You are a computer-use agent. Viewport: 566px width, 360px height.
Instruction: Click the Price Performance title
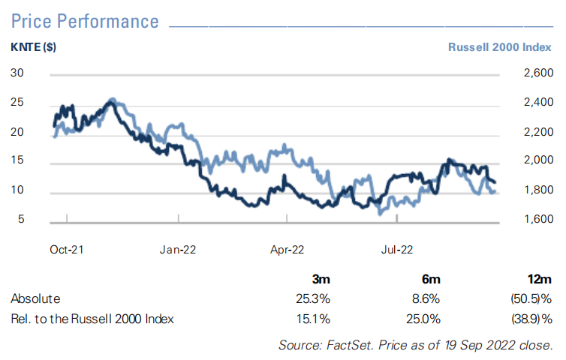coord(85,20)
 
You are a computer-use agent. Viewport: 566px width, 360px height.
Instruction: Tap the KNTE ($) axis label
coord(34,46)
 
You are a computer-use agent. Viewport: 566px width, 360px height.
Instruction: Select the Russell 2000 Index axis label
coord(501,46)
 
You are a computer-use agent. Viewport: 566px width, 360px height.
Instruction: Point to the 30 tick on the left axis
coord(18,73)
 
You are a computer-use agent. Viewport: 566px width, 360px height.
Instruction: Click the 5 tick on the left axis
coord(22,219)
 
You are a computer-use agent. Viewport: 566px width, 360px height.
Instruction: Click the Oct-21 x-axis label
coord(66,249)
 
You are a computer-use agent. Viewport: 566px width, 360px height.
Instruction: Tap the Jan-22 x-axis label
coord(179,249)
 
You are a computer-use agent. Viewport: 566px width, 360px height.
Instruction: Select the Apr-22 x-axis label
coord(287,249)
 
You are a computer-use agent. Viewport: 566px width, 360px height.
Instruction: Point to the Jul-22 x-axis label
coord(396,249)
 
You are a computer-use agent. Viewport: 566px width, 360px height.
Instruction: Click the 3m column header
coord(321,279)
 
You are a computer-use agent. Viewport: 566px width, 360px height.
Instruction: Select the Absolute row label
coord(35,298)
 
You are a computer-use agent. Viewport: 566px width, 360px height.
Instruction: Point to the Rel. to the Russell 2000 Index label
coord(92,319)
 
